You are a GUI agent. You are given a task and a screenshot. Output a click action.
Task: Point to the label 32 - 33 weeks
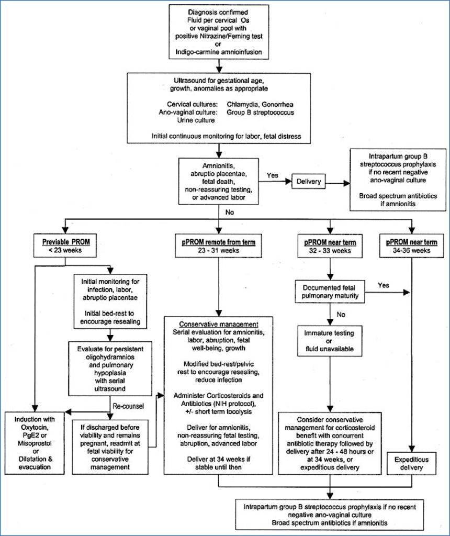[x=330, y=251]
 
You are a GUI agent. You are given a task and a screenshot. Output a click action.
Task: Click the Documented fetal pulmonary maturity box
[x=330, y=291]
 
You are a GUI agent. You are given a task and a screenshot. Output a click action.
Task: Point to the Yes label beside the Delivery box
[x=272, y=175]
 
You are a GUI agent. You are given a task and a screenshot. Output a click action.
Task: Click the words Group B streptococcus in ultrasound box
[x=260, y=112]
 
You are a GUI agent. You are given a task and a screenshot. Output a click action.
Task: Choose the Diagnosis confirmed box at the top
[x=219, y=31]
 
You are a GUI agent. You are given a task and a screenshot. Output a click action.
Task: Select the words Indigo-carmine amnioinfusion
[x=219, y=52]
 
